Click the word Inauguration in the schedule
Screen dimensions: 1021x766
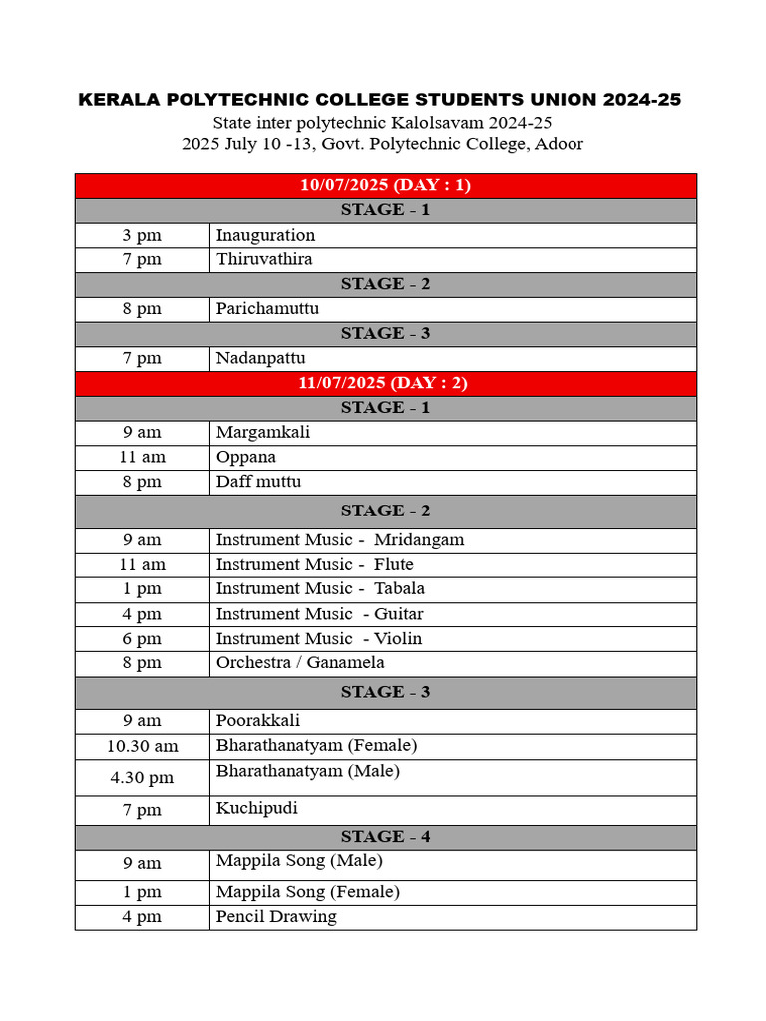tap(265, 235)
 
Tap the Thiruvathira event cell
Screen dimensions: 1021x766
tap(264, 259)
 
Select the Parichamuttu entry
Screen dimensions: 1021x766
tap(267, 309)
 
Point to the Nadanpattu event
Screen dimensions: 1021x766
tap(261, 358)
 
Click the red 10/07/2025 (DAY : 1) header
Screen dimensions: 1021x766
tap(385, 185)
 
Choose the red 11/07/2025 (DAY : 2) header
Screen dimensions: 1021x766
tap(385, 383)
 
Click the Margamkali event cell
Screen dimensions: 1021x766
tap(264, 432)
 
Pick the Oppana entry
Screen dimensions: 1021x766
tap(246, 457)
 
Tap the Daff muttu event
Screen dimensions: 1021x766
tap(258, 482)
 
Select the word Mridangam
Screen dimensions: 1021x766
tap(419, 540)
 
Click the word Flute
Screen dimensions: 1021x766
tap(394, 565)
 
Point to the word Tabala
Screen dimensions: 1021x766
tap(399, 589)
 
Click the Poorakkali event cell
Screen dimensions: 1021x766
tap(258, 721)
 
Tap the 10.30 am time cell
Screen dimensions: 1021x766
tap(143, 746)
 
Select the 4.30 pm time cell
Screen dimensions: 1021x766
tap(143, 778)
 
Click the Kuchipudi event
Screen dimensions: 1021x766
tap(257, 808)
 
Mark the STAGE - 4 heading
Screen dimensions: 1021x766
tap(385, 837)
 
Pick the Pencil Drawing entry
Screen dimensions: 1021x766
tap(276, 917)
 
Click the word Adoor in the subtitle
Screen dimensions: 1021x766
tap(560, 144)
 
